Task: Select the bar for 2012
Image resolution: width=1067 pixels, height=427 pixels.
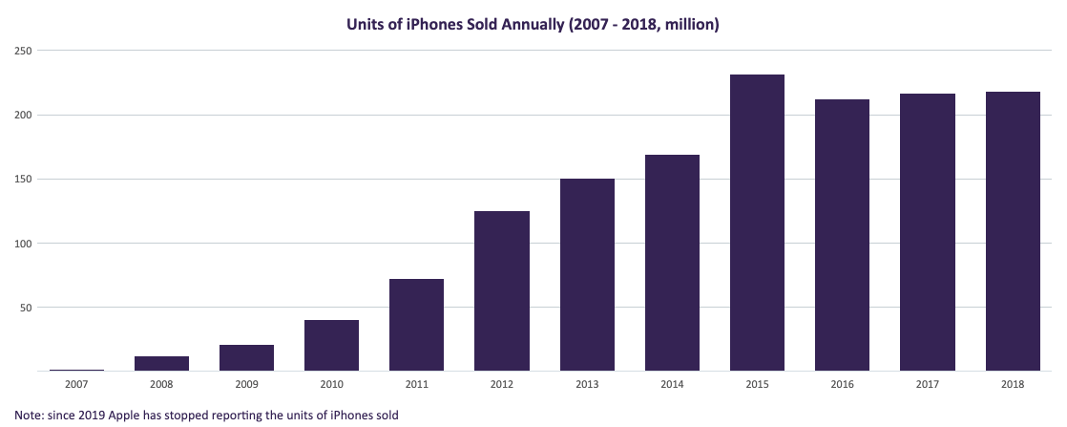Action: [x=502, y=290]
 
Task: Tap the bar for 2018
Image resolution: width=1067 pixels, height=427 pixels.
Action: [x=1013, y=231]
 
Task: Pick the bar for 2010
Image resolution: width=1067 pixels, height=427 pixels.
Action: [x=331, y=345]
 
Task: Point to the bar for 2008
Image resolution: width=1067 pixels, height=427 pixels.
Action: [x=161, y=363]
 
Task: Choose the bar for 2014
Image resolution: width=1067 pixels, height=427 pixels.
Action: [x=672, y=263]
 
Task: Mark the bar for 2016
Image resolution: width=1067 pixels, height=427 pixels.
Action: [x=842, y=235]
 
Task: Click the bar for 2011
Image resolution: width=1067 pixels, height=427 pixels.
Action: [x=416, y=325]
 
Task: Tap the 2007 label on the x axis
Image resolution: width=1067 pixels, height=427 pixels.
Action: [x=76, y=384]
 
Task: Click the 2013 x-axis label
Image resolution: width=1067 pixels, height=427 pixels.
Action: [x=587, y=384]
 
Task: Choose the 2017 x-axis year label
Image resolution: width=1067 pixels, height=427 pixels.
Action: [x=928, y=384]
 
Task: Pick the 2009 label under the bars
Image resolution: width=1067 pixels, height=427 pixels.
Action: [x=246, y=384]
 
